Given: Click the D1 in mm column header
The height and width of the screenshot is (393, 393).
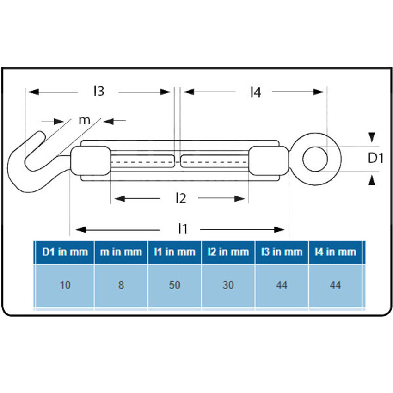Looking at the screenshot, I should coord(65,252).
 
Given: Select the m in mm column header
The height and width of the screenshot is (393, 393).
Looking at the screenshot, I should coord(121,252).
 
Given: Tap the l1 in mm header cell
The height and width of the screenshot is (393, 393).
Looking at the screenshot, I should coord(174,252).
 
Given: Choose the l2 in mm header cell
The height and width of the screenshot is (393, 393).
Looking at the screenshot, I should coord(228,252).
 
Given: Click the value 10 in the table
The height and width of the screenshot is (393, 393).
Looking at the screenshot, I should coord(65,285).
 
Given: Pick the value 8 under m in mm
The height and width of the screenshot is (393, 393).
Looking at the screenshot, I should coord(121,285).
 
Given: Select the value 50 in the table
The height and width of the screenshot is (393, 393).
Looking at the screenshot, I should coord(174,285).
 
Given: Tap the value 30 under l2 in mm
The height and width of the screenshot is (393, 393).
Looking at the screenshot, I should coord(228,285).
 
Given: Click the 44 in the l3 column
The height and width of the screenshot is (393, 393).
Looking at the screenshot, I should coord(282,285).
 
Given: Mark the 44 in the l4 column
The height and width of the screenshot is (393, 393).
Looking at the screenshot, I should coord(335,285).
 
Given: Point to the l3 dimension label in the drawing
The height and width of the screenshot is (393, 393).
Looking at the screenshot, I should coord(98,92).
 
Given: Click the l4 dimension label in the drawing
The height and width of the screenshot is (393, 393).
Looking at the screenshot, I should coord(255,92).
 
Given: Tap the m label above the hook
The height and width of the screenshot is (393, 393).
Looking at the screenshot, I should coord(84,120).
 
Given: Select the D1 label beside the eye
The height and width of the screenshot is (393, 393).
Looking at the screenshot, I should coord(376,159).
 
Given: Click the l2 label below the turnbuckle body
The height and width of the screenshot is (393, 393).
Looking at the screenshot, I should coord(180,199).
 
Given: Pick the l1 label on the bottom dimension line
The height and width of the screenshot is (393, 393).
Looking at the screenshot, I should coord(183,229).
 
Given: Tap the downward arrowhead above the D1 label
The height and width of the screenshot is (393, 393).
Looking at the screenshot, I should coord(372,137).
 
